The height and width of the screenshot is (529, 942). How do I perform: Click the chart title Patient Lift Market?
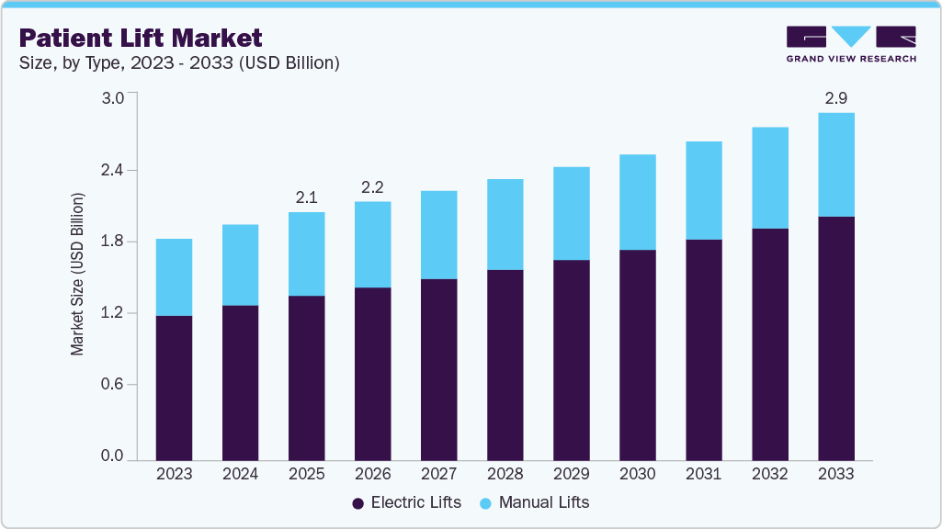point(141,38)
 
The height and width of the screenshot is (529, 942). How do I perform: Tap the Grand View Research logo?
point(850,43)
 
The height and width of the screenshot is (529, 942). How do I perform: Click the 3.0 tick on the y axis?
point(112,99)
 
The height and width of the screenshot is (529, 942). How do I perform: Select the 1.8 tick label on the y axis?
point(112,242)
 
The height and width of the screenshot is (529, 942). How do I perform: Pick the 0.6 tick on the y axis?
point(112,385)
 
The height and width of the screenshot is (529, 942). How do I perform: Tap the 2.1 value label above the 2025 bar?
point(306,197)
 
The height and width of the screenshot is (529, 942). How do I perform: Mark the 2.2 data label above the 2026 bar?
point(372,186)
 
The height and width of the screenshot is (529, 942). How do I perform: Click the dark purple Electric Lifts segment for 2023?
point(174,388)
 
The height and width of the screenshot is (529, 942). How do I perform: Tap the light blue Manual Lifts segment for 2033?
point(835,164)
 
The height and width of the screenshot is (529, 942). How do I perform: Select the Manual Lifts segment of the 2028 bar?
point(505,224)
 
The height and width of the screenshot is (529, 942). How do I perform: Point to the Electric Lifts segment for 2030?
point(637,355)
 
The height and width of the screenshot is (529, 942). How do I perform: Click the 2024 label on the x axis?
point(240,475)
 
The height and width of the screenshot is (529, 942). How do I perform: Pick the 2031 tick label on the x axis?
point(703,475)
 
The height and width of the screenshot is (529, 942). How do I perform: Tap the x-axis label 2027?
point(438,475)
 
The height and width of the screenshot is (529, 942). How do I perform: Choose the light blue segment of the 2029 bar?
point(571,213)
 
